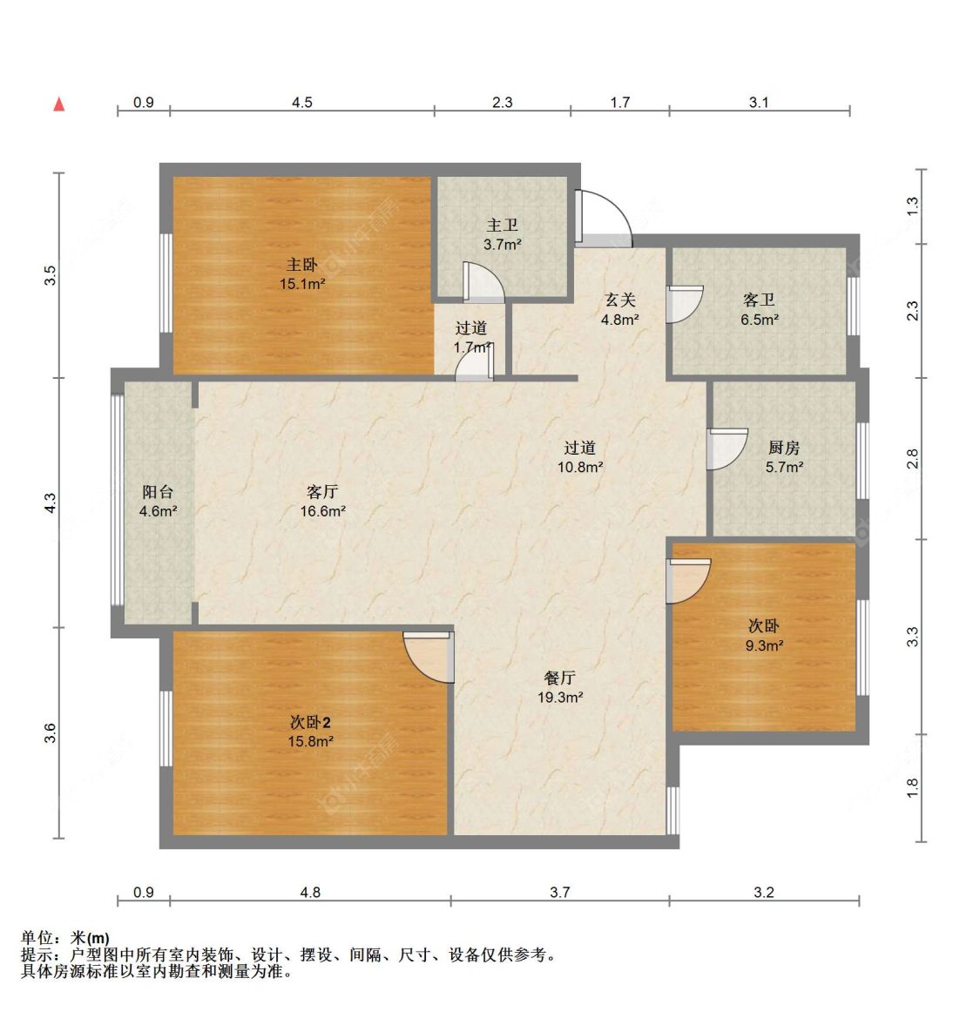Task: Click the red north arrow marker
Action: coord(58,104)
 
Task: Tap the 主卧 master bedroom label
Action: coord(302,265)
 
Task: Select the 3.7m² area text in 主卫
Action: coord(503,245)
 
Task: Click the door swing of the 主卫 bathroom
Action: coord(483,282)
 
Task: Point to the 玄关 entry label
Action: coord(619,300)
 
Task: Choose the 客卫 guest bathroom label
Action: coord(760,300)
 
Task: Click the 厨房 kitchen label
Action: coord(784,448)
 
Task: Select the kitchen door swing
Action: coord(727,449)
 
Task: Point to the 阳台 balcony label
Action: coord(159,492)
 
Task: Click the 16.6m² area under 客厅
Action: coord(323,511)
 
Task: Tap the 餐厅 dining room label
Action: coord(560,678)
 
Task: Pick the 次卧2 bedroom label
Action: coord(310,722)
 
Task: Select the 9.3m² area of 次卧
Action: coord(764,644)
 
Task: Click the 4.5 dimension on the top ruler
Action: coord(302,102)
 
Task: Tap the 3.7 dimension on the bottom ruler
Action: coord(560,892)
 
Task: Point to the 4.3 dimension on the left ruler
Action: coord(51,503)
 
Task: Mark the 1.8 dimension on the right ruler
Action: coord(912,787)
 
